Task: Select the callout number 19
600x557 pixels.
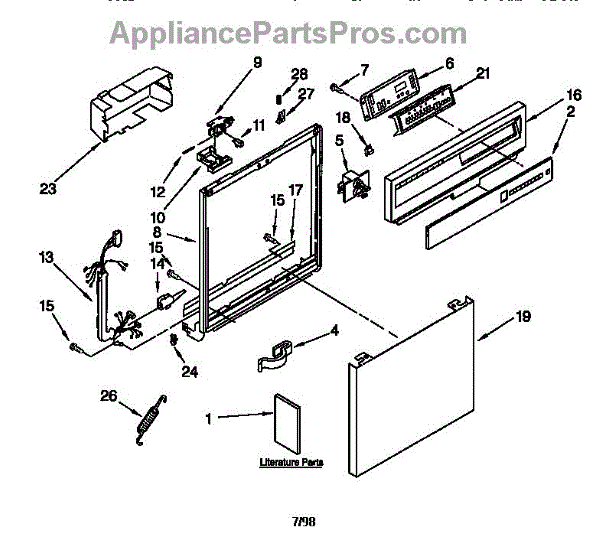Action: pos(522,317)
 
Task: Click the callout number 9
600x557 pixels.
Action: pos(257,61)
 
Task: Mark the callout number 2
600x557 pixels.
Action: pos(570,113)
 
